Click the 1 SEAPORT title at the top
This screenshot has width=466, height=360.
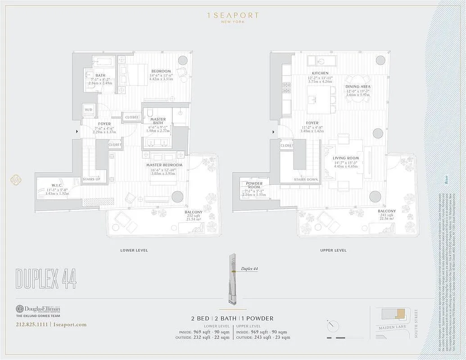pyautogui.click(x=233, y=15)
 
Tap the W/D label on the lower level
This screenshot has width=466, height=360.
pyautogui.click(x=88, y=109)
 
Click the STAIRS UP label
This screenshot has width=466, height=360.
pyautogui.click(x=92, y=179)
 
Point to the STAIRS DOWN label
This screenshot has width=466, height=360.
pyautogui.click(x=306, y=179)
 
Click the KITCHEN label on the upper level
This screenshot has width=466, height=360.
pyautogui.click(x=320, y=73)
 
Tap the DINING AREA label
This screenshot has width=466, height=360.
pyautogui.click(x=358, y=86)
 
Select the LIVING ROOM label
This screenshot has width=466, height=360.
pyautogui.click(x=346, y=158)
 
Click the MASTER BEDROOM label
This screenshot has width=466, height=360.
pyautogui.click(x=164, y=165)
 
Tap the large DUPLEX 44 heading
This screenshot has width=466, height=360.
pyautogui.click(x=45, y=279)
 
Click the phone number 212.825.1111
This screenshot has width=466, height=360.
pyautogui.click(x=32, y=324)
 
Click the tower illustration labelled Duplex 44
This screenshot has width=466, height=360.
pyautogui.click(x=233, y=279)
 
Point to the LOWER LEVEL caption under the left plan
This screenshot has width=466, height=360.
pyautogui.click(x=134, y=250)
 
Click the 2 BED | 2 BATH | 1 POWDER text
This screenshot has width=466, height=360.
pyautogui.click(x=232, y=318)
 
